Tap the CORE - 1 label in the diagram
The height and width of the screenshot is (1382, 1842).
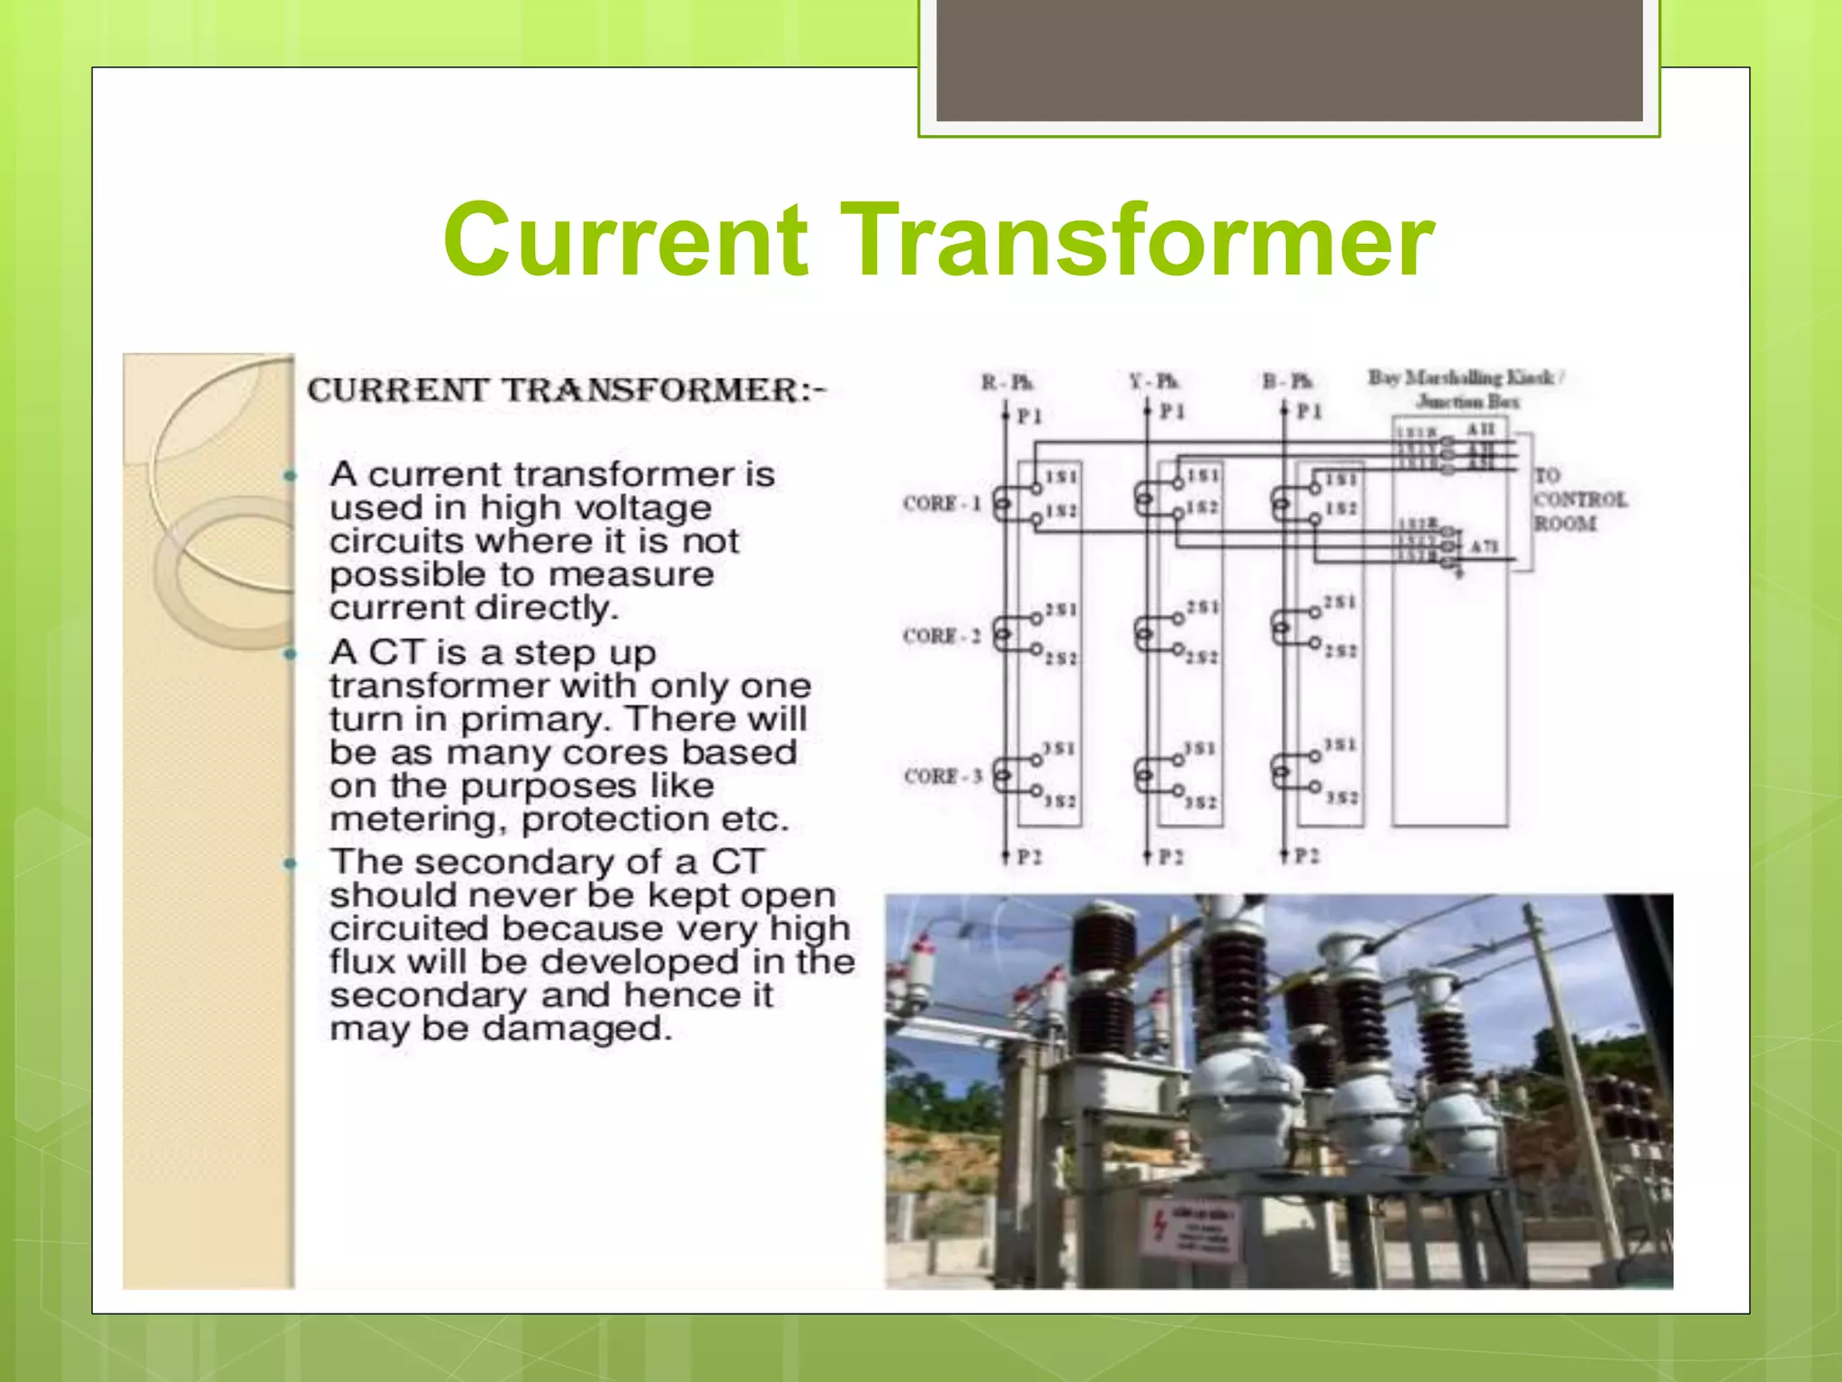941,503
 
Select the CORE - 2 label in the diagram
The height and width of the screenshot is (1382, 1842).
941,636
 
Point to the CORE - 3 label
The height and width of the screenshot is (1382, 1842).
943,776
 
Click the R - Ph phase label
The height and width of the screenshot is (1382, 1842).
1006,382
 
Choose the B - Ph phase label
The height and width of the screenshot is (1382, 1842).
1287,381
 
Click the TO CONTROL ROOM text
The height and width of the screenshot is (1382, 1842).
1579,499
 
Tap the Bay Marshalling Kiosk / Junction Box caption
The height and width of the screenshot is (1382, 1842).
1467,389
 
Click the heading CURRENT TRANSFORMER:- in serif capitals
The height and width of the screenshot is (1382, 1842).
566,390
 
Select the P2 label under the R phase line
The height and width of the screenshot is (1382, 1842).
1029,857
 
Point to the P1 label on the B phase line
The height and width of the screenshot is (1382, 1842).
1309,411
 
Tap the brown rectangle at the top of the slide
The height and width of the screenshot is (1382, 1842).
1289,60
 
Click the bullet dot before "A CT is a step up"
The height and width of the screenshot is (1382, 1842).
290,653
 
